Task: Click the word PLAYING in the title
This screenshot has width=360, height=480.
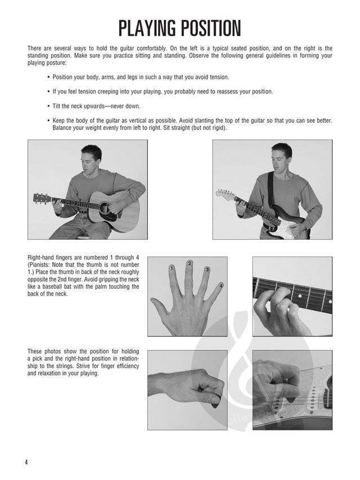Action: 147,29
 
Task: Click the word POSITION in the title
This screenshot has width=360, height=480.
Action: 211,29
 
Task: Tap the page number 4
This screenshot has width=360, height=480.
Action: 26,462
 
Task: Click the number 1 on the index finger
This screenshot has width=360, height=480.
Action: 172,268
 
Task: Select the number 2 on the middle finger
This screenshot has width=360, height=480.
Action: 190,263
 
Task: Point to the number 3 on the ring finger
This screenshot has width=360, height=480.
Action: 207,270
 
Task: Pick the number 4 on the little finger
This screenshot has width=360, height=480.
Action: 221,286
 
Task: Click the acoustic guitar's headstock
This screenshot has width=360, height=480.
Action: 42,198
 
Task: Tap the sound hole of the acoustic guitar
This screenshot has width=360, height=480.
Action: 105,208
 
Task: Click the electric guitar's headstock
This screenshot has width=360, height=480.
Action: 224,194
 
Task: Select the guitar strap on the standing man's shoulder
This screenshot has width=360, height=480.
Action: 271,190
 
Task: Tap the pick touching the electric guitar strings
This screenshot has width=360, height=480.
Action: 289,398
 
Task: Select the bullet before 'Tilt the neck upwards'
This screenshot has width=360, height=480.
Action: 49,106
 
